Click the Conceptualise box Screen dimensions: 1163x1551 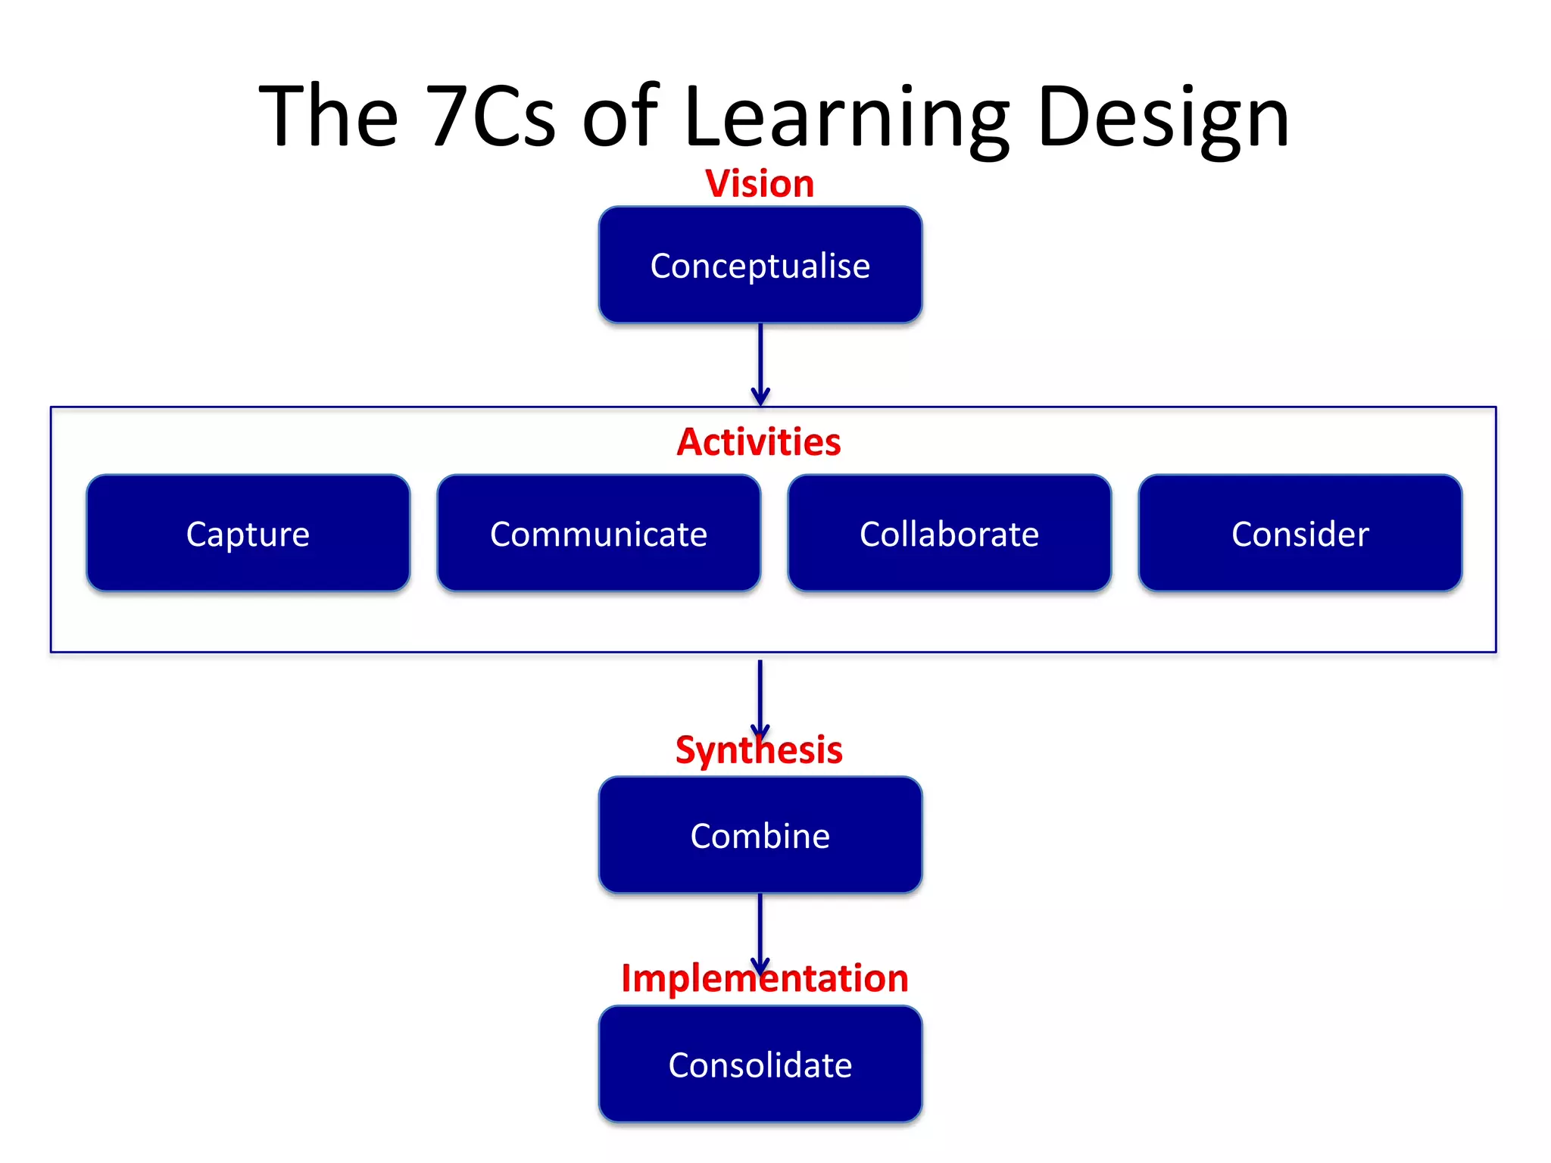click(x=760, y=265)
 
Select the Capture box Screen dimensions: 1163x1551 click(x=248, y=533)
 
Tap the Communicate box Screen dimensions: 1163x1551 click(x=598, y=533)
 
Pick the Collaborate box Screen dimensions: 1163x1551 click(x=949, y=533)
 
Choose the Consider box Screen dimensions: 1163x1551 click(x=1300, y=533)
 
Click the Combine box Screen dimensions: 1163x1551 click(x=760, y=835)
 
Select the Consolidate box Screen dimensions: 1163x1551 click(x=760, y=1064)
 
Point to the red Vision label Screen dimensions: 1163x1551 click(x=760, y=184)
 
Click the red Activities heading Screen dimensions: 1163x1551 click(x=759, y=442)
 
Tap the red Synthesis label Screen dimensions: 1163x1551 click(x=759, y=750)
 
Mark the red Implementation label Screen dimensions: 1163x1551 click(x=764, y=978)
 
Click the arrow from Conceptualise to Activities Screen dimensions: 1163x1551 click(x=760, y=360)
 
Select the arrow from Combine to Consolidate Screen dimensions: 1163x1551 click(x=760, y=928)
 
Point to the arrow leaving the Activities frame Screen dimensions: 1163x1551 click(x=760, y=693)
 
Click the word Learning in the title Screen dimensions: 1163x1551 click(x=847, y=117)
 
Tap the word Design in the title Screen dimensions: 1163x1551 click(x=1163, y=117)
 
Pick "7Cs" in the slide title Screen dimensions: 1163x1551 click(x=490, y=117)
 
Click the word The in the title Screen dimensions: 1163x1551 click(x=328, y=117)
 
